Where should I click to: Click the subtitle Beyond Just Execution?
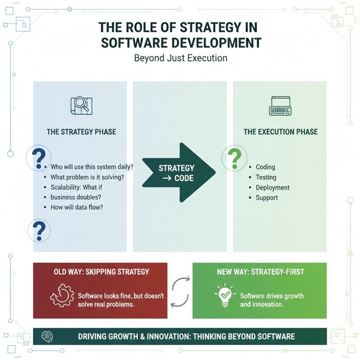coord(181,58)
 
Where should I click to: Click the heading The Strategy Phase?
coord(81,132)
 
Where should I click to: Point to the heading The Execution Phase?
coord(281,132)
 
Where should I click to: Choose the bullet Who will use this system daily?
coord(92,167)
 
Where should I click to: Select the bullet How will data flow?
coord(84,208)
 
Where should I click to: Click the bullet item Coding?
coord(265,167)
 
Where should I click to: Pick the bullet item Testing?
coord(266,177)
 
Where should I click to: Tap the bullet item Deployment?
coord(273,188)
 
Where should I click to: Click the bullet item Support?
coord(266,198)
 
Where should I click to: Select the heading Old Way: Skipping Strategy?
coord(101,272)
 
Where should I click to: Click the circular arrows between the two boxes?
coord(180,291)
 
